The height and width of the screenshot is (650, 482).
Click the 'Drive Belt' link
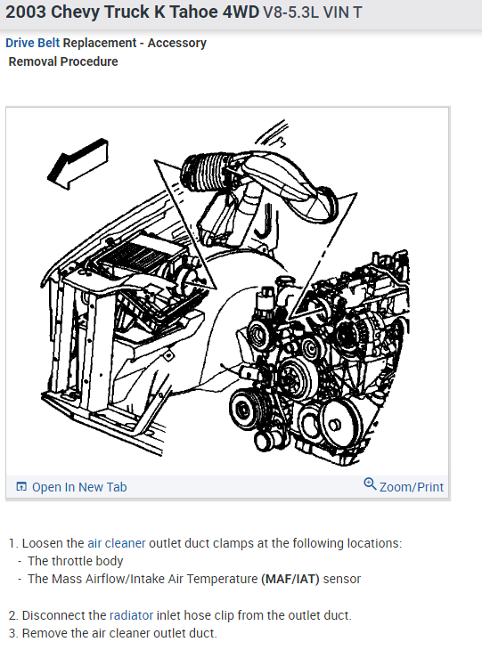pos(33,43)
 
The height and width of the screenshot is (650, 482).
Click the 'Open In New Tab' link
pos(79,487)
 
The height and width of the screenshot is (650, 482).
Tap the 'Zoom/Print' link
pos(411,487)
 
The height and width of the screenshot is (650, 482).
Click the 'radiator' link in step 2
pos(131,615)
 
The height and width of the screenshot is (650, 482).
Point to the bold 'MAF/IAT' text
pos(290,579)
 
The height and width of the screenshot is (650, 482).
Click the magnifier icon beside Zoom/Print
pos(370,485)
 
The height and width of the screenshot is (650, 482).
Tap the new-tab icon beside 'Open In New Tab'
pos(21,487)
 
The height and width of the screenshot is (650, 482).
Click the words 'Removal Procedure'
pos(63,61)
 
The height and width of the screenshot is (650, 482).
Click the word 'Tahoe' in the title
pos(184,14)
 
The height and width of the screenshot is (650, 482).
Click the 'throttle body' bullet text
pos(76,561)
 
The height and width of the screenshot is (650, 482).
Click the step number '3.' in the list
pos(13,633)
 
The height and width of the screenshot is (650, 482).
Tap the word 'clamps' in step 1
pos(227,543)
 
